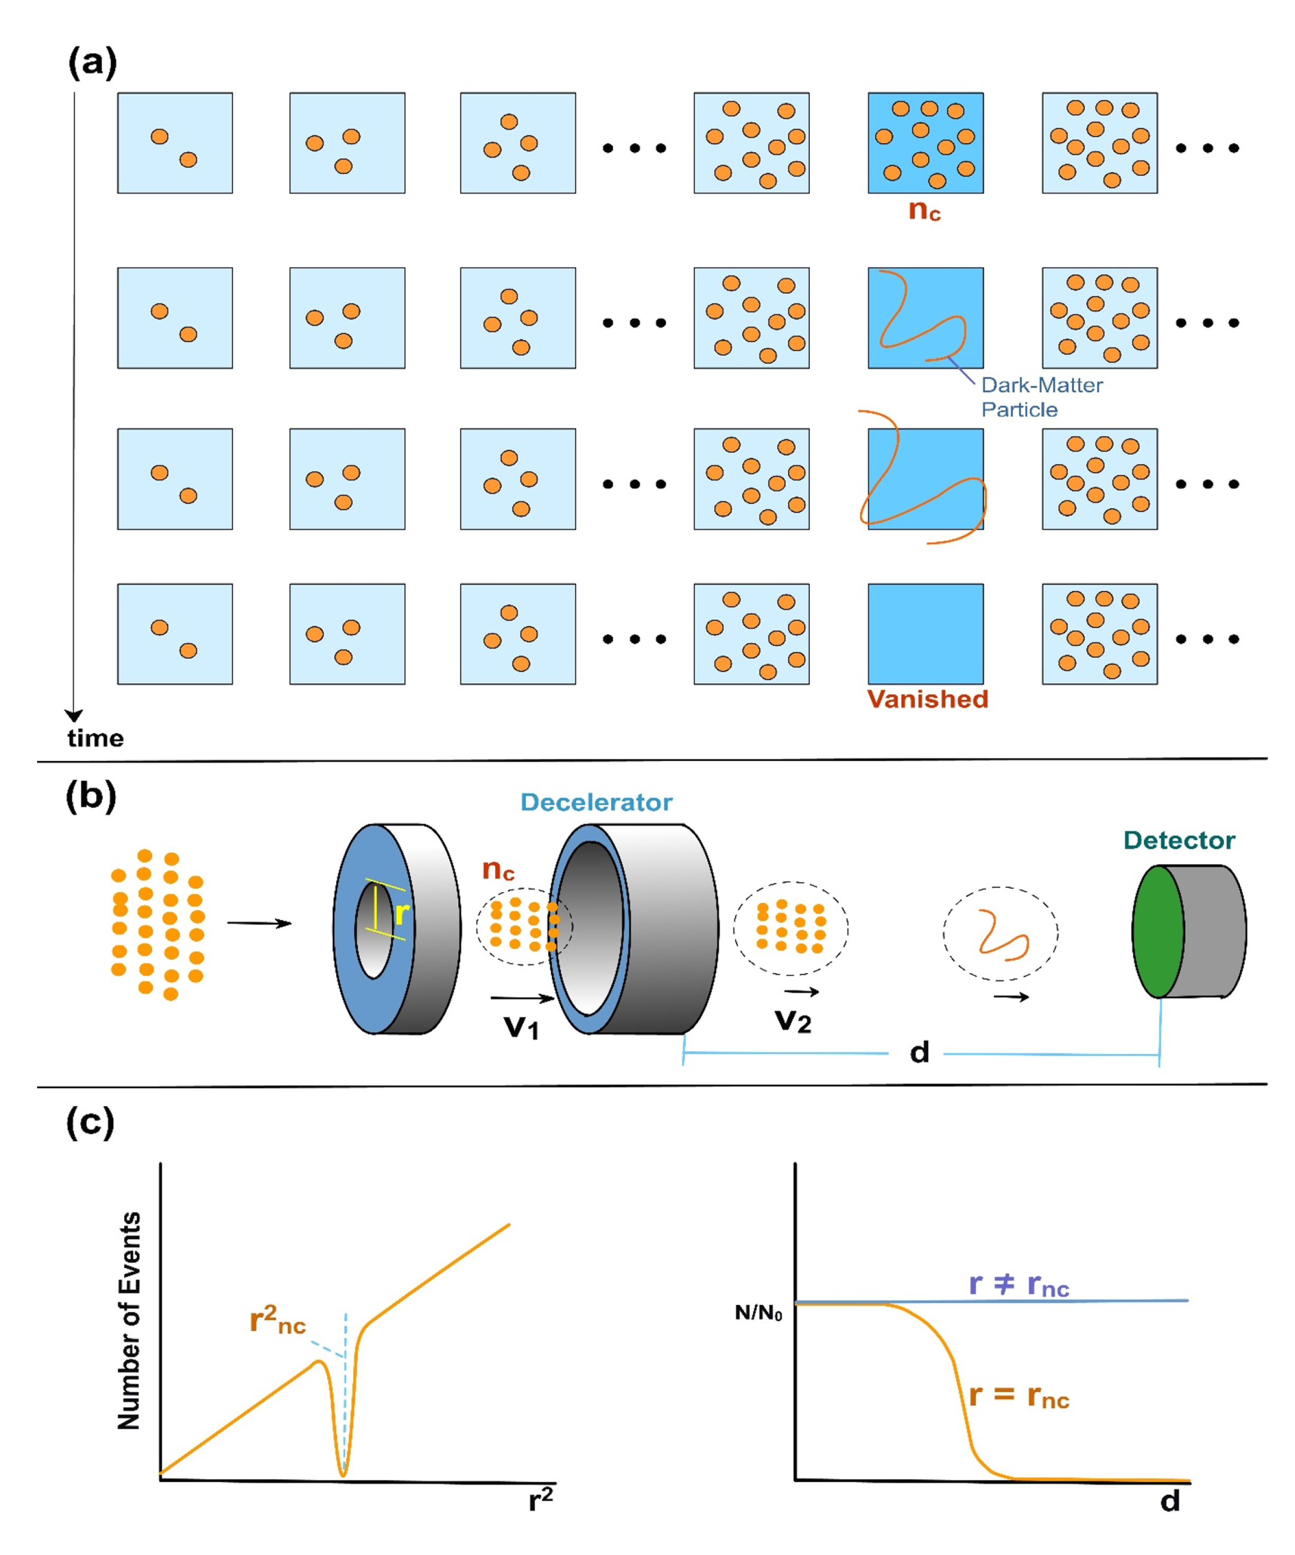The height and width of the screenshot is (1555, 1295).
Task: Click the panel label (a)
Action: point(92,62)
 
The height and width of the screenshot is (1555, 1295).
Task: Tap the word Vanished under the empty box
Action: point(927,699)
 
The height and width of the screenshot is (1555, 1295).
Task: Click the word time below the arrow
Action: point(96,738)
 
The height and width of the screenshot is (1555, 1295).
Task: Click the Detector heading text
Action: point(1179,840)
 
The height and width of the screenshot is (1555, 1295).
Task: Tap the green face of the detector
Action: point(1157,931)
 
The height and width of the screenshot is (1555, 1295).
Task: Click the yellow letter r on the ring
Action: point(401,914)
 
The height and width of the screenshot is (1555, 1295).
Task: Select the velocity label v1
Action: point(521,1027)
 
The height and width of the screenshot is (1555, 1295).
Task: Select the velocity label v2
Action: point(793,1021)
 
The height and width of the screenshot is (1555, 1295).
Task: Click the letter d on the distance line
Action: point(919,1052)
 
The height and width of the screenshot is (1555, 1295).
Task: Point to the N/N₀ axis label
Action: point(757,1313)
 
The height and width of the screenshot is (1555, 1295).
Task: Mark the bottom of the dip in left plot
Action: point(343,1474)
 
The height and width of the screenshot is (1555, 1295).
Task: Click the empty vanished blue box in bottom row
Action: point(926,634)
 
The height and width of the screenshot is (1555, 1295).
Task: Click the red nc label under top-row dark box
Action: point(924,211)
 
